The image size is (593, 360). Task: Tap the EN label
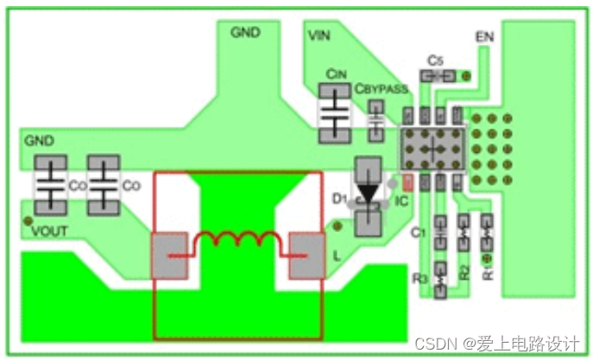coord(484,37)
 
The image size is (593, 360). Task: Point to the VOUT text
coord(49,231)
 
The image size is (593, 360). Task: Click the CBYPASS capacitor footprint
coord(376,120)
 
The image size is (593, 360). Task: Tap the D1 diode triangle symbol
coord(369,194)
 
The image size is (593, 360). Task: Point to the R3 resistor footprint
coord(439,279)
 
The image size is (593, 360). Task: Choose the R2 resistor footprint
coord(463,231)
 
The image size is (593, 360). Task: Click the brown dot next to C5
coord(466,77)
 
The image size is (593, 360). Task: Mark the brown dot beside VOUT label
coord(27,221)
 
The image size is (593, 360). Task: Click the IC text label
coord(401,200)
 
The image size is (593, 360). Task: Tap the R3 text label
coord(421,278)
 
